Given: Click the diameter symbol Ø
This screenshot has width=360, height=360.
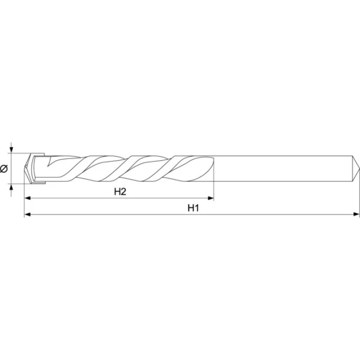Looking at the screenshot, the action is pyautogui.click(x=4, y=169).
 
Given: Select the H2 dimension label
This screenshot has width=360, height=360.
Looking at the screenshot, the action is pyautogui.click(x=120, y=191).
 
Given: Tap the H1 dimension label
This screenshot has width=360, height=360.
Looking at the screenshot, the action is pyautogui.click(x=193, y=208).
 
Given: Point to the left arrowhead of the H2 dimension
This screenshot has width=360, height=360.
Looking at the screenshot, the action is pyautogui.click(x=28, y=198).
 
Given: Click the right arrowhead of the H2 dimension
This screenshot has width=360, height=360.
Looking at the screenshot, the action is pyautogui.click(x=211, y=198).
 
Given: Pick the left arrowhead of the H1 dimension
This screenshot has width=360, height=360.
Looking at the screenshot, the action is pyautogui.click(x=28, y=214).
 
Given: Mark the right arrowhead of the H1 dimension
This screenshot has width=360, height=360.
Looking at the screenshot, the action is pyautogui.click(x=357, y=214).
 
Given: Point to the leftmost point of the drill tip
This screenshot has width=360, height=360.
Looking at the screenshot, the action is pyautogui.click(x=25, y=168).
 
